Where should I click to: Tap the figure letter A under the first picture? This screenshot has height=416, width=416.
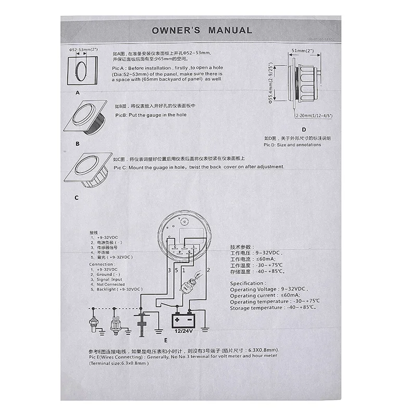77,93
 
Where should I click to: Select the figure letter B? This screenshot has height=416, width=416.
77,142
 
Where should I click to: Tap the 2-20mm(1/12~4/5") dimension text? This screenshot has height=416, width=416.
314,115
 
